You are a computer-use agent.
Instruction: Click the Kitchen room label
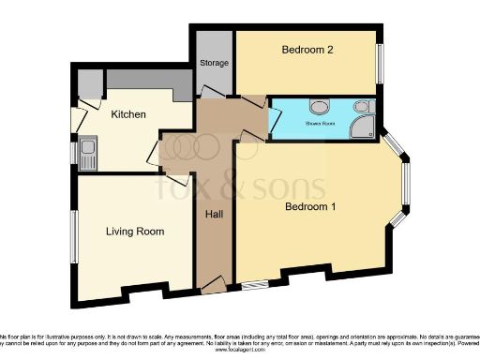pyautogui.click(x=128, y=114)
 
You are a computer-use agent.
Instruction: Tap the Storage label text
pyautogui.click(x=213, y=63)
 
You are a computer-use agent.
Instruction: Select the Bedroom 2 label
pyautogui.click(x=308, y=51)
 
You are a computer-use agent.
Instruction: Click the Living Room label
pyautogui.click(x=135, y=232)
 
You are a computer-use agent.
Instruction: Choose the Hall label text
pyautogui.click(x=213, y=215)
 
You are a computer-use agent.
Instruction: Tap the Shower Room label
pyautogui.click(x=320, y=121)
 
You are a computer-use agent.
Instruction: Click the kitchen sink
pyautogui.click(x=89, y=153)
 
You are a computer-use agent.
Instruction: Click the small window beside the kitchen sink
pyautogui.click(x=75, y=153)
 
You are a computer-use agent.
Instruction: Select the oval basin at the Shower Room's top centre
pyautogui.click(x=320, y=105)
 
